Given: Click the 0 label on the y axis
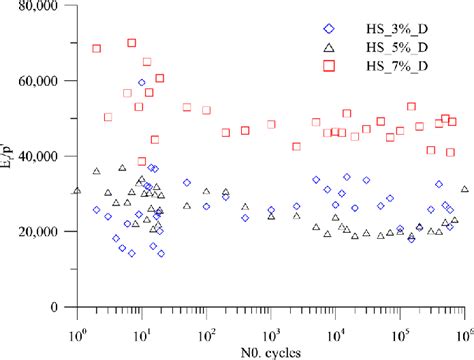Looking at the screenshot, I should (x=62, y=306).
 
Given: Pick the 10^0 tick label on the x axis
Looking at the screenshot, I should (x=76, y=323).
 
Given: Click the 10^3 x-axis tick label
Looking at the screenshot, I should (x=271, y=323).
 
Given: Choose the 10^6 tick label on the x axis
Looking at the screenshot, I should (x=465, y=323).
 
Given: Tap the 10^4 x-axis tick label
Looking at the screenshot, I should (x=336, y=323).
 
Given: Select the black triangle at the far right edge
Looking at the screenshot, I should (x=465, y=189).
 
